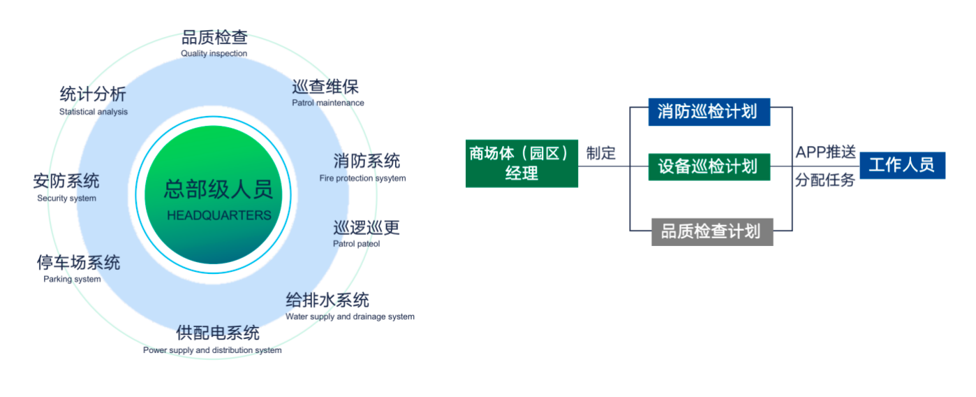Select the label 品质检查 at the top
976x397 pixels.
click(x=214, y=37)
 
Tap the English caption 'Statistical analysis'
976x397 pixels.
click(x=94, y=112)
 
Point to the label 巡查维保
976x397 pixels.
click(x=325, y=87)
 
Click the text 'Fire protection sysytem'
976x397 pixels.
click(x=362, y=178)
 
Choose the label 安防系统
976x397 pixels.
click(x=66, y=181)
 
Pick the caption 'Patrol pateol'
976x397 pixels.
click(x=356, y=244)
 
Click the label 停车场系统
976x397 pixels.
click(x=78, y=262)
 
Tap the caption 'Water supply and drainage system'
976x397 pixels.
click(x=350, y=317)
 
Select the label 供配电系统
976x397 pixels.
click(x=218, y=332)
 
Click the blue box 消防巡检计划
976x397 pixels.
click(x=709, y=112)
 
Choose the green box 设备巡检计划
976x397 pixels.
click(x=709, y=167)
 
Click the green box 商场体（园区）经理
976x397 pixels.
click(x=522, y=163)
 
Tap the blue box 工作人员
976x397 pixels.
click(x=901, y=166)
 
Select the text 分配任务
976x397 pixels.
click(x=825, y=180)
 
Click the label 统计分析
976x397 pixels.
click(x=93, y=94)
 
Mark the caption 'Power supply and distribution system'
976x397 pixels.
click(x=212, y=350)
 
